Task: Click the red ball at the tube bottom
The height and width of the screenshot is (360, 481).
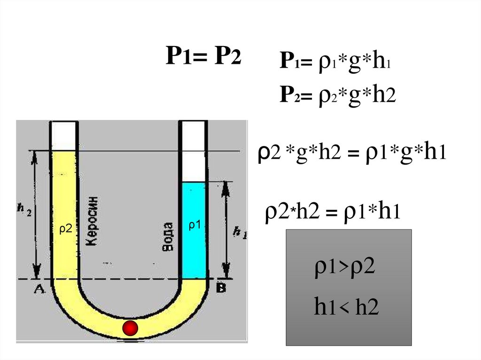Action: [x=130, y=328]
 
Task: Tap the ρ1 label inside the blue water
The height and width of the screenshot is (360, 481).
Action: [x=194, y=226]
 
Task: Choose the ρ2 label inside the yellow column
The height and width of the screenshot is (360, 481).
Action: [x=65, y=229]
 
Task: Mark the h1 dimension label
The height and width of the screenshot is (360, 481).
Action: [x=240, y=232]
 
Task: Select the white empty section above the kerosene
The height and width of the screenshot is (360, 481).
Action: [x=64, y=135]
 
